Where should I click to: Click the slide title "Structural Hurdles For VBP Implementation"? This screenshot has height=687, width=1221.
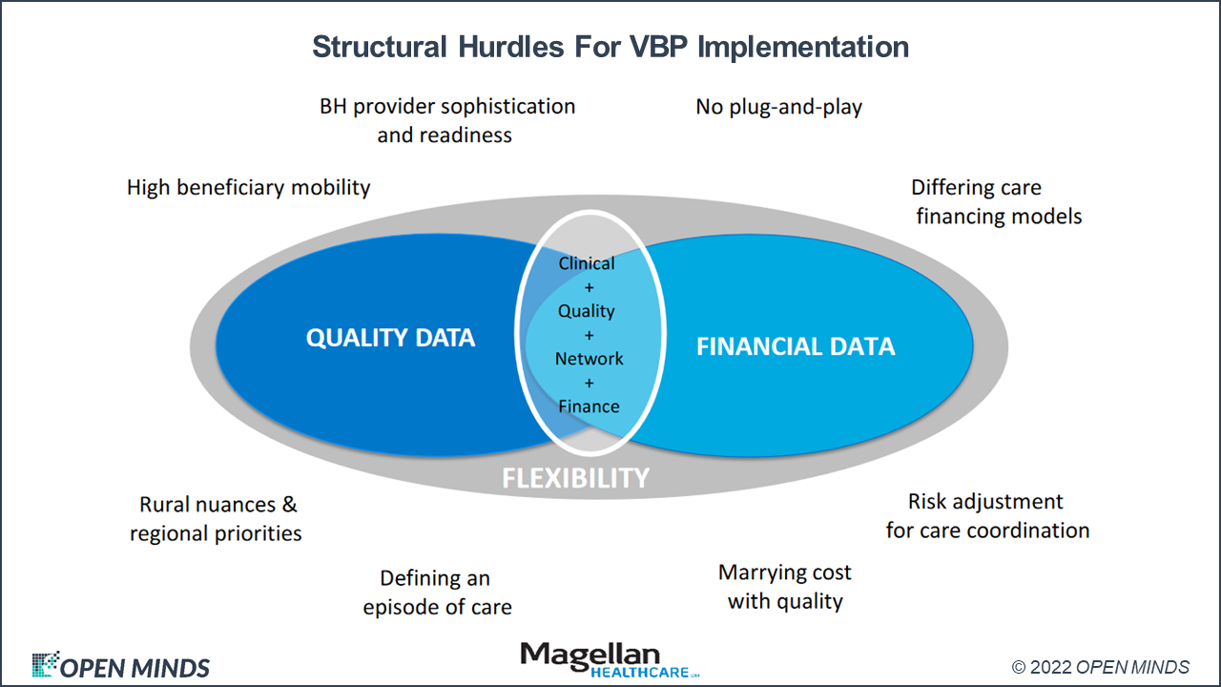[x=610, y=47]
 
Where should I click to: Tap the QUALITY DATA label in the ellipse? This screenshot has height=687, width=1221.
[x=390, y=337]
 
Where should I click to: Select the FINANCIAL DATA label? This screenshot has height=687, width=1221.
[x=796, y=345]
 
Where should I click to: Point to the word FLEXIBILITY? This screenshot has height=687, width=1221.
[x=576, y=477]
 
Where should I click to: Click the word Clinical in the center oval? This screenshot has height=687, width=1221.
[x=587, y=263]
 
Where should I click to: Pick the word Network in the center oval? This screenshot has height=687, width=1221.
[x=590, y=359]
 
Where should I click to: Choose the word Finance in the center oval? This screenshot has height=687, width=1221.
[x=589, y=406]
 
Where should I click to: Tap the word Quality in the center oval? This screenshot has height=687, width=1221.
[x=587, y=311]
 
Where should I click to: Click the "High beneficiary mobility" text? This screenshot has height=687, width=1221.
[x=248, y=187]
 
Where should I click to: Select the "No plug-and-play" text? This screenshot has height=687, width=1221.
[x=778, y=106]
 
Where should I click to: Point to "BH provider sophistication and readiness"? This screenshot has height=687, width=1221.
[x=446, y=120]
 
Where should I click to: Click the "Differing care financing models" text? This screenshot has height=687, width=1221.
[x=998, y=201]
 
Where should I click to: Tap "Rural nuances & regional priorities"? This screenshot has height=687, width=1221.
[x=217, y=518]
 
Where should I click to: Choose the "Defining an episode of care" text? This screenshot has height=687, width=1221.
[x=437, y=593]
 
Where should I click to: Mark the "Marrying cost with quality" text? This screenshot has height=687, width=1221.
[x=784, y=587]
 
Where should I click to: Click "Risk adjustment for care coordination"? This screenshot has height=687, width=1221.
[x=986, y=515]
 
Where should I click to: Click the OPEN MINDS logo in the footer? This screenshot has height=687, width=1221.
[x=121, y=666]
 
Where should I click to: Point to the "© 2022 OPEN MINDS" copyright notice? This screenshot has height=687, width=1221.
[x=1100, y=667]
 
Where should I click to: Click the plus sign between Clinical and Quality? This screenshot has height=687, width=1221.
[x=589, y=287]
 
